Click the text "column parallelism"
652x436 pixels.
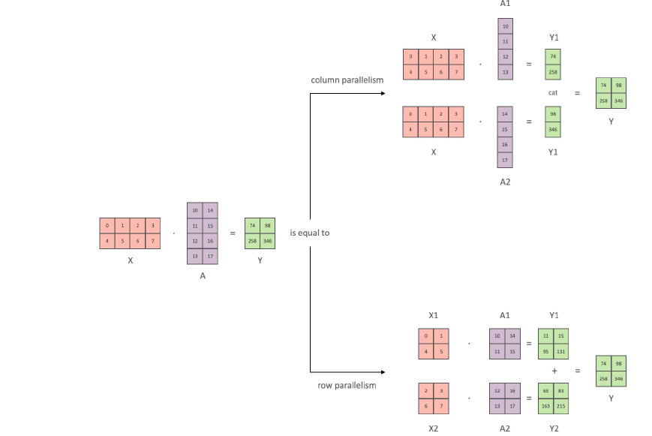click(347, 80)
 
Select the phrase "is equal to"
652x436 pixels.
click(310, 233)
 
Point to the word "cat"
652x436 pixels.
click(553, 93)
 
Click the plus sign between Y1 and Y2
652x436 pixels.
click(554, 371)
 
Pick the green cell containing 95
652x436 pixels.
click(546, 351)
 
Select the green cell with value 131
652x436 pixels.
click(560, 351)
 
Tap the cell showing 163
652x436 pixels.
click(546, 406)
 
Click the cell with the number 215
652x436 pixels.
click(560, 406)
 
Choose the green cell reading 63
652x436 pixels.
click(546, 391)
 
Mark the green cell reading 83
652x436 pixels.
click(560, 391)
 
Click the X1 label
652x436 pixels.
click(433, 315)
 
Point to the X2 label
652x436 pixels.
click(433, 428)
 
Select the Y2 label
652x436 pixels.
click(554, 428)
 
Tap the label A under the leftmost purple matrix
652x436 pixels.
click(202, 275)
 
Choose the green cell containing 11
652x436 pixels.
click(546, 336)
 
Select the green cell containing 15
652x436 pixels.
click(560, 336)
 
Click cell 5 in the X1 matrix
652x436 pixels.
click(440, 351)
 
